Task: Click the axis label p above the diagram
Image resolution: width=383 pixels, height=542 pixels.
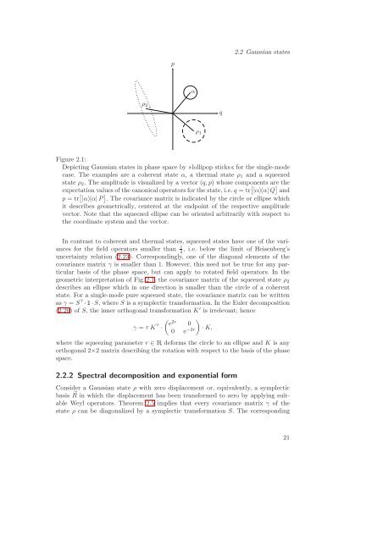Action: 172,63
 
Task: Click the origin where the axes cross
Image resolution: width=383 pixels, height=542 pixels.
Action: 172,110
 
